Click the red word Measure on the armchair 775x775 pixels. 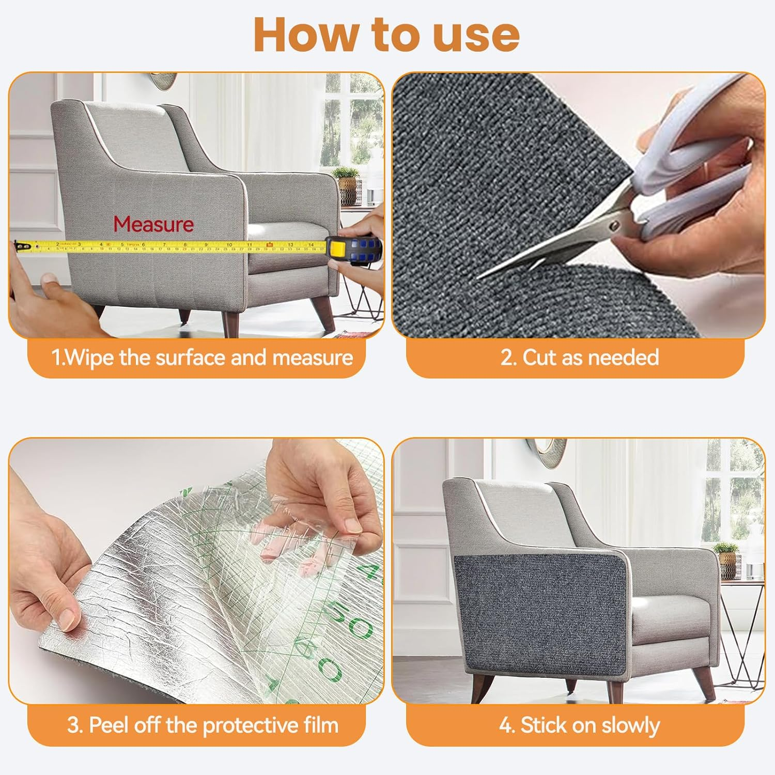[153, 224]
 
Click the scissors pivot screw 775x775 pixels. [614, 225]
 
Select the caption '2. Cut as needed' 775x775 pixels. [579, 358]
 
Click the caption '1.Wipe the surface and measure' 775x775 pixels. [202, 358]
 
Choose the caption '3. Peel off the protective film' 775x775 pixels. [203, 725]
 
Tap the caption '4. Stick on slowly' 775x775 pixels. [579, 725]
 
